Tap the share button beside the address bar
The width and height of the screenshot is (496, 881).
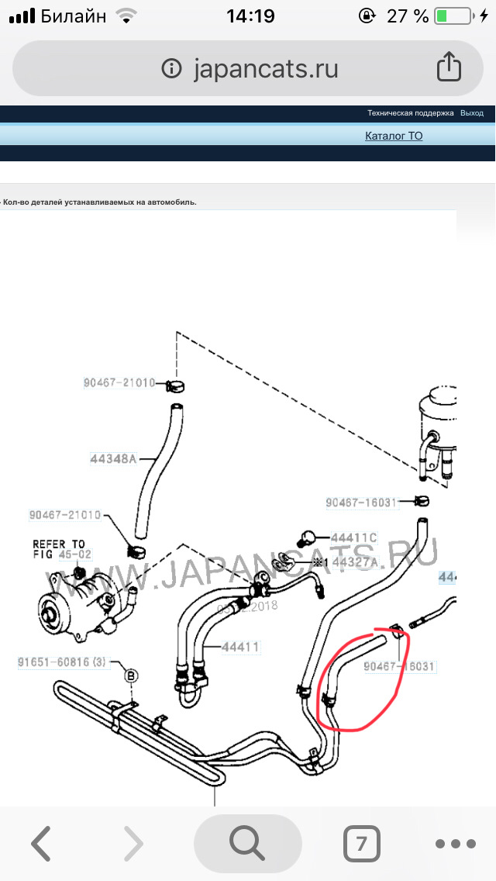449,67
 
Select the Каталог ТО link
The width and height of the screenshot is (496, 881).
394,136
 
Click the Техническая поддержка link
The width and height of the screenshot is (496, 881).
410,113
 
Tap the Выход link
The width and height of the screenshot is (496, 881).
471,113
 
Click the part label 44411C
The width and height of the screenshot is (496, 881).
353,537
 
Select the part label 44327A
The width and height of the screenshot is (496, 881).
355,561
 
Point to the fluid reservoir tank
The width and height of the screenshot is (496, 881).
436,427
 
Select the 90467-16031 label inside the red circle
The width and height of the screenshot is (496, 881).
400,666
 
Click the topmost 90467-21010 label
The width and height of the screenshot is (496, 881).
119,383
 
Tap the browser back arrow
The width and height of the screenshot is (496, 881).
40,843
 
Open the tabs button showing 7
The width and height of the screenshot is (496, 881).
361,843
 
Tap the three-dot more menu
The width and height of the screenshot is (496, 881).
455,844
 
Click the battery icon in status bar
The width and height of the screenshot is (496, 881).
453,16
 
